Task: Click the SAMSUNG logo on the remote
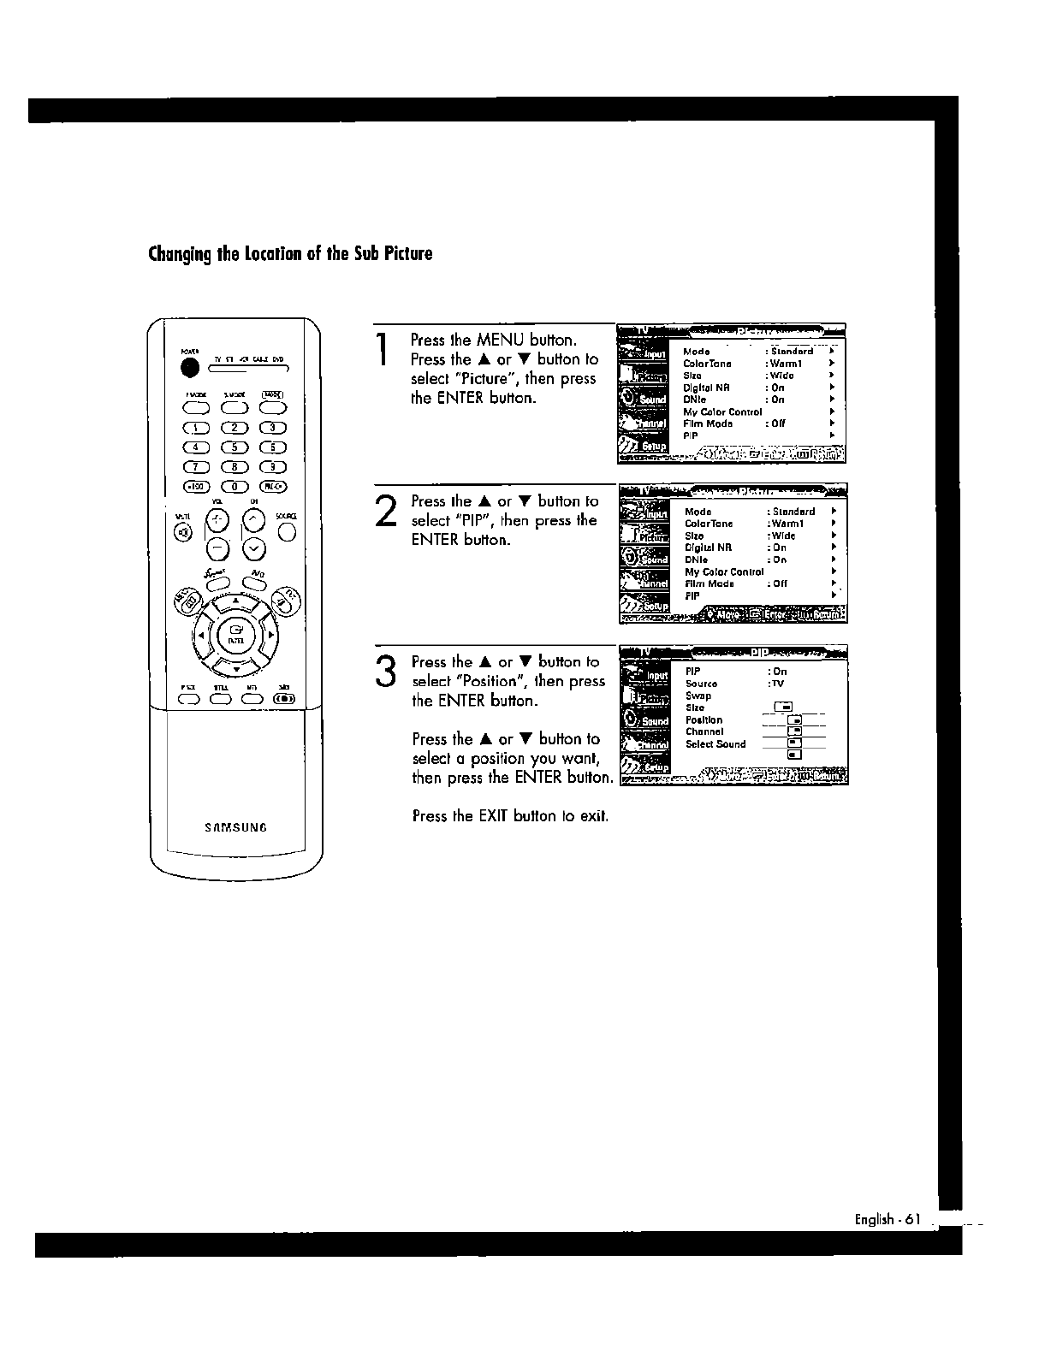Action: click(235, 827)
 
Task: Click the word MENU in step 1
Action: click(501, 340)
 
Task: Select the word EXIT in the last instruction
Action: click(494, 816)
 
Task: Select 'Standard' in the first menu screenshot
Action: click(792, 351)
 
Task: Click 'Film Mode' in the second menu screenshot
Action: click(710, 583)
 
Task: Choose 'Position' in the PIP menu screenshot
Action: click(704, 720)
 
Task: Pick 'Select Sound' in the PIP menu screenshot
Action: click(715, 744)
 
